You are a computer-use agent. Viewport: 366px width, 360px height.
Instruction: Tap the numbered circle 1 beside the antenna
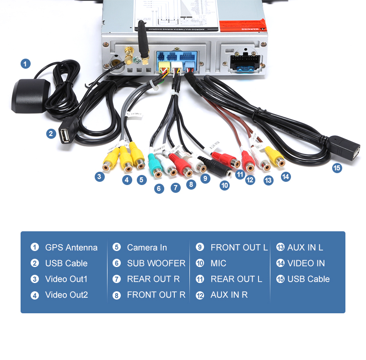pos(26,64)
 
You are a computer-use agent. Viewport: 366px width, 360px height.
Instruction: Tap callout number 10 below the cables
pos(224,185)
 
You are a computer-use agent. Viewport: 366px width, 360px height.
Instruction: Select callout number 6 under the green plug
pos(159,188)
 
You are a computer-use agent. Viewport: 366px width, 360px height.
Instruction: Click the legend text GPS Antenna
pos(71,247)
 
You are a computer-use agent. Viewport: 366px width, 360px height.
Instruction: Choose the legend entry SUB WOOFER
pos(156,263)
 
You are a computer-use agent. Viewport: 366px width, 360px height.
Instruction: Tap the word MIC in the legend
pos(218,263)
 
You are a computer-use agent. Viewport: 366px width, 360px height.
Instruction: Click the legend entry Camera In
pos(147,247)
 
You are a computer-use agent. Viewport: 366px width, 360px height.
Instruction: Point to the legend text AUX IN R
pos(229,295)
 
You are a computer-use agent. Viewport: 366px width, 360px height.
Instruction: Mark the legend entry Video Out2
pos(66,295)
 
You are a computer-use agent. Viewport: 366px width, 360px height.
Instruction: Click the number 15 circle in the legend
pos(280,279)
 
